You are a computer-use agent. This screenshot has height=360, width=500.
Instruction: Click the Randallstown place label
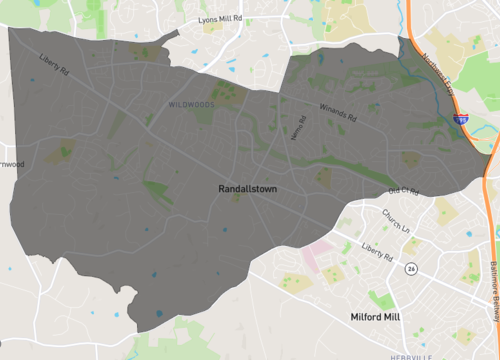click(x=247, y=188)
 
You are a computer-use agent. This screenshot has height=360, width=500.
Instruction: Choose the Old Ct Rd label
click(x=402, y=191)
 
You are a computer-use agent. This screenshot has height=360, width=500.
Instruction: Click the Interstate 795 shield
click(x=461, y=118)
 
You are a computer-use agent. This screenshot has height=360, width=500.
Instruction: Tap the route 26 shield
click(x=409, y=268)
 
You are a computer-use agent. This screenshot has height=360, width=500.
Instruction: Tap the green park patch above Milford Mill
click(x=381, y=299)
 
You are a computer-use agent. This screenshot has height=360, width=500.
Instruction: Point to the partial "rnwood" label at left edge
click(x=11, y=163)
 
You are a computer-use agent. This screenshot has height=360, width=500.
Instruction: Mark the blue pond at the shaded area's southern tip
click(x=158, y=315)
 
